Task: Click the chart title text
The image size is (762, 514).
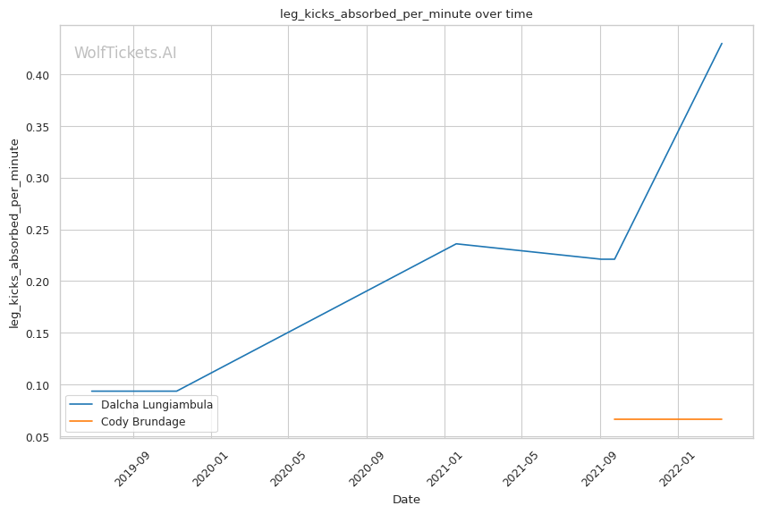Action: point(406,13)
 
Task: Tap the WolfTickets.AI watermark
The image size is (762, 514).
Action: point(125,53)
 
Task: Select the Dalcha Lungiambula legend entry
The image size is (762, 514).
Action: point(157,404)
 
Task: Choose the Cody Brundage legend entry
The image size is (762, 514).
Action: point(143,421)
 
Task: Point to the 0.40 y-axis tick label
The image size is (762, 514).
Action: point(37,75)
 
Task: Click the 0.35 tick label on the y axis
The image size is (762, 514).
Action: point(37,127)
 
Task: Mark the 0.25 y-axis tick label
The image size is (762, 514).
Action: point(37,231)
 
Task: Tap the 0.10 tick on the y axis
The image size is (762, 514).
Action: point(37,385)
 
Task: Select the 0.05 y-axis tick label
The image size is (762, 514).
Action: point(37,437)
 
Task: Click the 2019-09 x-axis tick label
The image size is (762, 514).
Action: point(131,467)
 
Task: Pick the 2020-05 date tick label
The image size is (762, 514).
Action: point(287,467)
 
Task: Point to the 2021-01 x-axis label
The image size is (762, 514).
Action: point(443,467)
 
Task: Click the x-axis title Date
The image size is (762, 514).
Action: point(406,500)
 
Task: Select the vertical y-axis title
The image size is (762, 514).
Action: point(14,232)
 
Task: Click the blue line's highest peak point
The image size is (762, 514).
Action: point(722,43)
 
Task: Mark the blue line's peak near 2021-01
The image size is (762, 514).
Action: point(456,243)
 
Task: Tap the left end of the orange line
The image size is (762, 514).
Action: point(614,419)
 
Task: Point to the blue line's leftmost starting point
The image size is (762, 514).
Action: point(91,391)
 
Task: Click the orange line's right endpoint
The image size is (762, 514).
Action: point(722,419)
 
